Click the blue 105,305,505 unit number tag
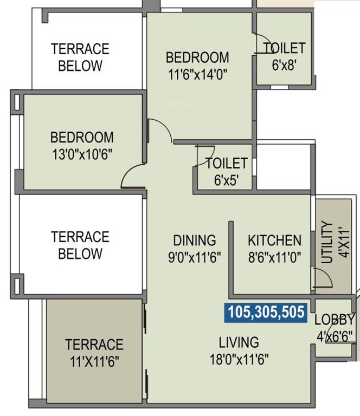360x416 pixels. click(x=266, y=313)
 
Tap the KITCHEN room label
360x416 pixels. click(x=274, y=240)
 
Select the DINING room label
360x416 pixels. click(x=194, y=240)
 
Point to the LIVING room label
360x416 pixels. click(x=239, y=342)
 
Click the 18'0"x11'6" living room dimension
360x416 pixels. click(x=239, y=359)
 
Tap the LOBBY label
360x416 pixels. click(x=335, y=320)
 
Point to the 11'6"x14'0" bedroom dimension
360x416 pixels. click(x=197, y=74)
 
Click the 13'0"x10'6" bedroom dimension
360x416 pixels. click(x=82, y=154)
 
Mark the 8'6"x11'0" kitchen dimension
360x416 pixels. click(x=274, y=257)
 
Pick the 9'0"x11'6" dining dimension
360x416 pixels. click(x=194, y=257)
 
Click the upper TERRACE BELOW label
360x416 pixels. click(x=80, y=57)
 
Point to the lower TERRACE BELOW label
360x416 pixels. click(x=80, y=245)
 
